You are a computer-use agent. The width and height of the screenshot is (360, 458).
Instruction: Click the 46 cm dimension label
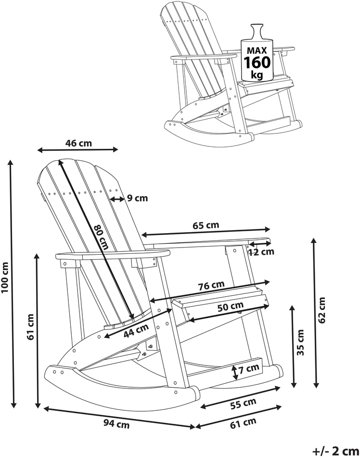point(78,143)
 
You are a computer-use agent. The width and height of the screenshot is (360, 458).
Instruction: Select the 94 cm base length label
point(116,424)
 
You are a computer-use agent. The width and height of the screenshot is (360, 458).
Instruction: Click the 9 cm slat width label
point(138,198)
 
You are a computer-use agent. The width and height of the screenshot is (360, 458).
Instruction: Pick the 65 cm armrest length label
point(206,225)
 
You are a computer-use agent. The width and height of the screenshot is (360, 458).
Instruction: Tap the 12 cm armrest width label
point(262,251)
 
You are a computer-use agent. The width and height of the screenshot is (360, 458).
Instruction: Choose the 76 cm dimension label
point(211,285)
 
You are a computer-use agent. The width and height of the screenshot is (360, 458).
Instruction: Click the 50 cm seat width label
point(231,306)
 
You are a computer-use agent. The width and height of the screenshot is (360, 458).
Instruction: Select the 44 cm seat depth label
point(136,331)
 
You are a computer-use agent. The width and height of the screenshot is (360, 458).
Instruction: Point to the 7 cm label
point(249,368)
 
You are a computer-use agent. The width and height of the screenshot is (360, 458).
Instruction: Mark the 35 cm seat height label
point(300,342)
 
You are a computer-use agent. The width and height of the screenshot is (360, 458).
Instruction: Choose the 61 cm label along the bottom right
point(243,423)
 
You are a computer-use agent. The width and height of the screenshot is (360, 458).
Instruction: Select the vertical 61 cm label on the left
point(30,327)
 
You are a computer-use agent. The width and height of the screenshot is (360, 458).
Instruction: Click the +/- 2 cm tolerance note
point(336,451)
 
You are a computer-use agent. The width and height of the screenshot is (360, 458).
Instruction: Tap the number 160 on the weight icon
point(257,62)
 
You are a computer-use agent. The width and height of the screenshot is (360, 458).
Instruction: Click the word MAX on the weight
point(257,51)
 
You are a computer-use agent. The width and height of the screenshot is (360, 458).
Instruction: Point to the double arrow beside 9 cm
point(117,199)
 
